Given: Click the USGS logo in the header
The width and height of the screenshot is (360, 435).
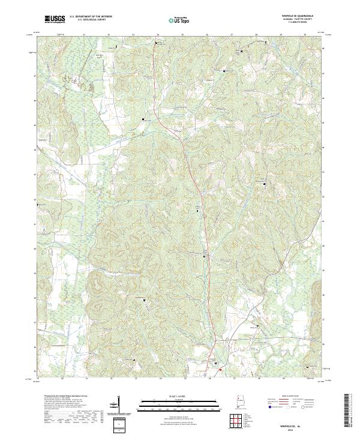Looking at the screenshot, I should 55,19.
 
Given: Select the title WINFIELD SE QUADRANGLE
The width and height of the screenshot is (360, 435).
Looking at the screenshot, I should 298,16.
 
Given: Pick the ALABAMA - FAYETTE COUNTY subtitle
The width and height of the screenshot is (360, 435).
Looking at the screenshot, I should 298,19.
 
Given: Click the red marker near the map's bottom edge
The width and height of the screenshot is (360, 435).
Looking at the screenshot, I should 220,370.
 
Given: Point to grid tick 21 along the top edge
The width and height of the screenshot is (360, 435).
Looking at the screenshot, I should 84,35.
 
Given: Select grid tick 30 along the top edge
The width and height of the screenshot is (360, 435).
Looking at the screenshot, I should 305,35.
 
